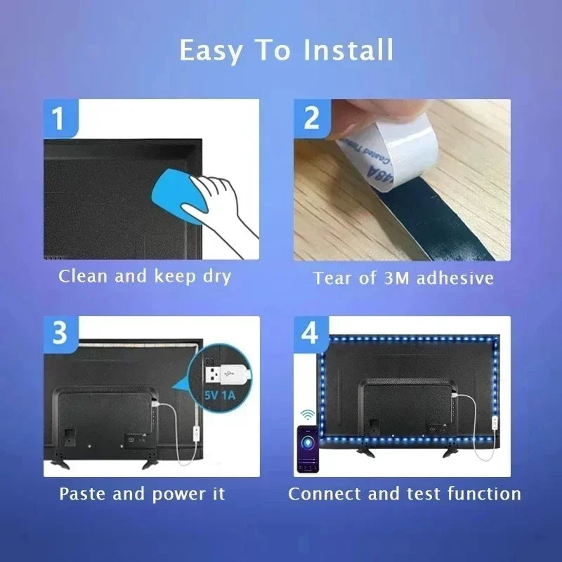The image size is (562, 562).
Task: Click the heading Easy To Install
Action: point(286,51)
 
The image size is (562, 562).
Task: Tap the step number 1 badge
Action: point(60,117)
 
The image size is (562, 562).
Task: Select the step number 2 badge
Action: point(311,117)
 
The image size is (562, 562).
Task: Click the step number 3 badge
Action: point(60,333)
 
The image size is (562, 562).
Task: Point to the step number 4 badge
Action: point(310,333)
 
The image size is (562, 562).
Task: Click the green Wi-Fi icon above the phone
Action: point(307,414)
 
